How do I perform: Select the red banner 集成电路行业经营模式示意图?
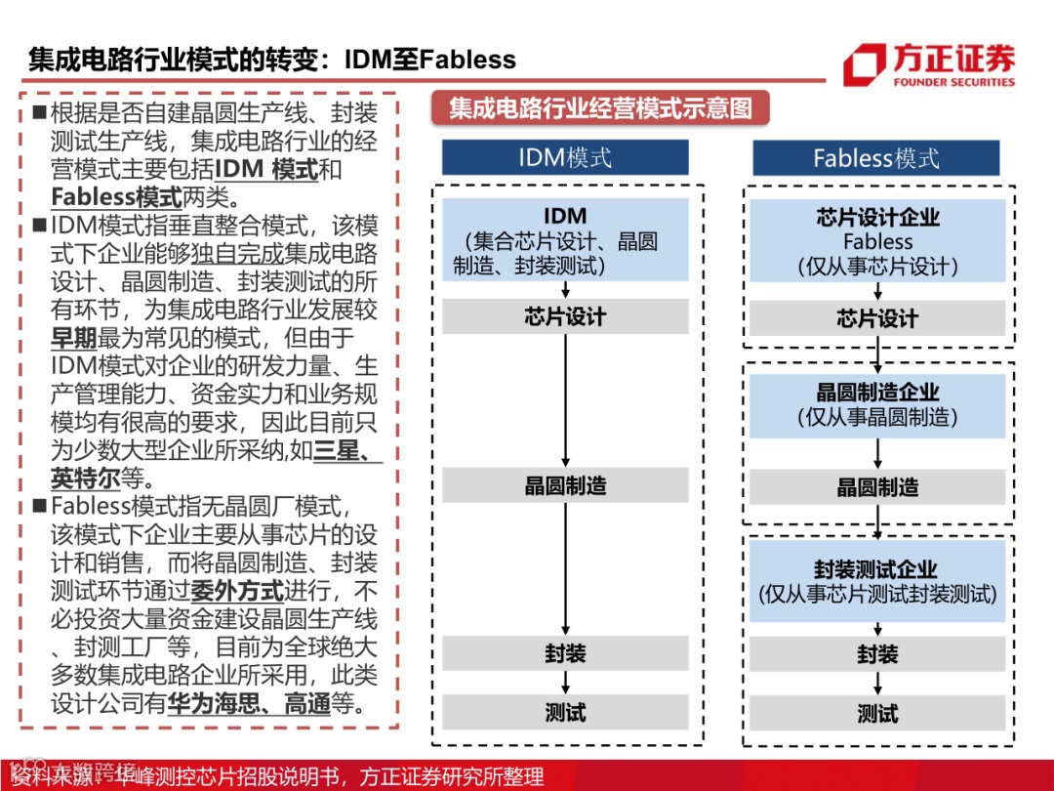click(x=600, y=107)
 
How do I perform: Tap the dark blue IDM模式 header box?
click(x=565, y=157)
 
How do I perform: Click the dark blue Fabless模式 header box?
click(x=875, y=158)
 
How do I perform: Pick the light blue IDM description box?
click(x=565, y=240)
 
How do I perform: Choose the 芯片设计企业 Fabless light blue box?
click(x=877, y=241)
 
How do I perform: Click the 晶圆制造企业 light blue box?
click(x=877, y=404)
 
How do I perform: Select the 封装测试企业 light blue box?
click(x=877, y=581)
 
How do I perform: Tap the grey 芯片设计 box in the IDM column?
click(x=565, y=316)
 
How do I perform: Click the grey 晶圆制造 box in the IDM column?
click(x=565, y=485)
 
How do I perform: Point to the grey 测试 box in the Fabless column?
click(x=877, y=714)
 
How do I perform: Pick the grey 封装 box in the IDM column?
click(x=565, y=653)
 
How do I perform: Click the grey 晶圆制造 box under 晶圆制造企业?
click(x=877, y=487)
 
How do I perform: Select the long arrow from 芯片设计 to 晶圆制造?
click(x=565, y=400)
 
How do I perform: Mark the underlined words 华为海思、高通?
click(x=250, y=703)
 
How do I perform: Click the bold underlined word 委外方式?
click(x=236, y=591)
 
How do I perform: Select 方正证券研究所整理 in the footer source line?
click(x=451, y=776)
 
